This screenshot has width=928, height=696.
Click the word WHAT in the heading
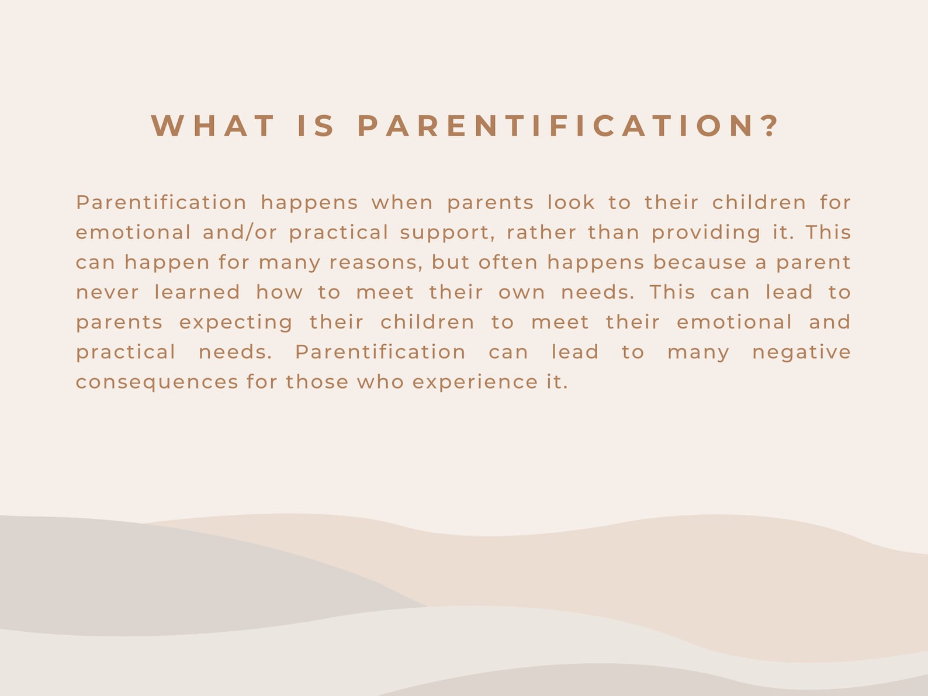213,126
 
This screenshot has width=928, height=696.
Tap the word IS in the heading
316,126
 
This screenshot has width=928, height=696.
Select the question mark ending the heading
773,126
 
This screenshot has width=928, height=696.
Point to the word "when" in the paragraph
402,203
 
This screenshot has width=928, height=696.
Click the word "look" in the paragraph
571,203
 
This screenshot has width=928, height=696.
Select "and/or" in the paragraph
240,233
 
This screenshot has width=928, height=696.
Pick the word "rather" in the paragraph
541,233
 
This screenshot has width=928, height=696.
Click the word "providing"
706,233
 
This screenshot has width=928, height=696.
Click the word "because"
700,262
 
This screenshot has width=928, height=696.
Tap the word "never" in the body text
108,292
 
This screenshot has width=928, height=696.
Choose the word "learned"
197,292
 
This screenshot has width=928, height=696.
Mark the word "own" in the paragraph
521,293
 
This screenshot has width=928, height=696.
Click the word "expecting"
236,323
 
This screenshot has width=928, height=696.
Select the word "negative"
801,352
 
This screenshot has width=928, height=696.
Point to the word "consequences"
157,383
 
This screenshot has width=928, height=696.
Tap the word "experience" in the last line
475,383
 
